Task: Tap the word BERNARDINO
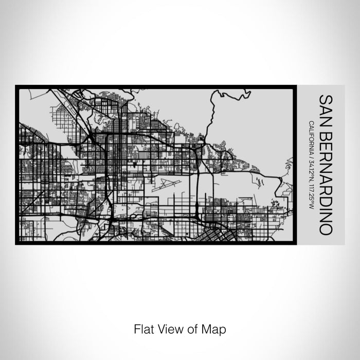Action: [x=325, y=182]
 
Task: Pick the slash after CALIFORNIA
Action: [x=312, y=156]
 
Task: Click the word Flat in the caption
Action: [x=143, y=328]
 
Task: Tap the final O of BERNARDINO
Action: [x=325, y=229]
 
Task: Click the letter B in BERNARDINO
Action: [x=325, y=134]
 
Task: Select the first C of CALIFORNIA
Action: [x=312, y=122]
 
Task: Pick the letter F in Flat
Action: [x=136, y=328]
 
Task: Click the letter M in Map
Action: [x=208, y=328]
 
